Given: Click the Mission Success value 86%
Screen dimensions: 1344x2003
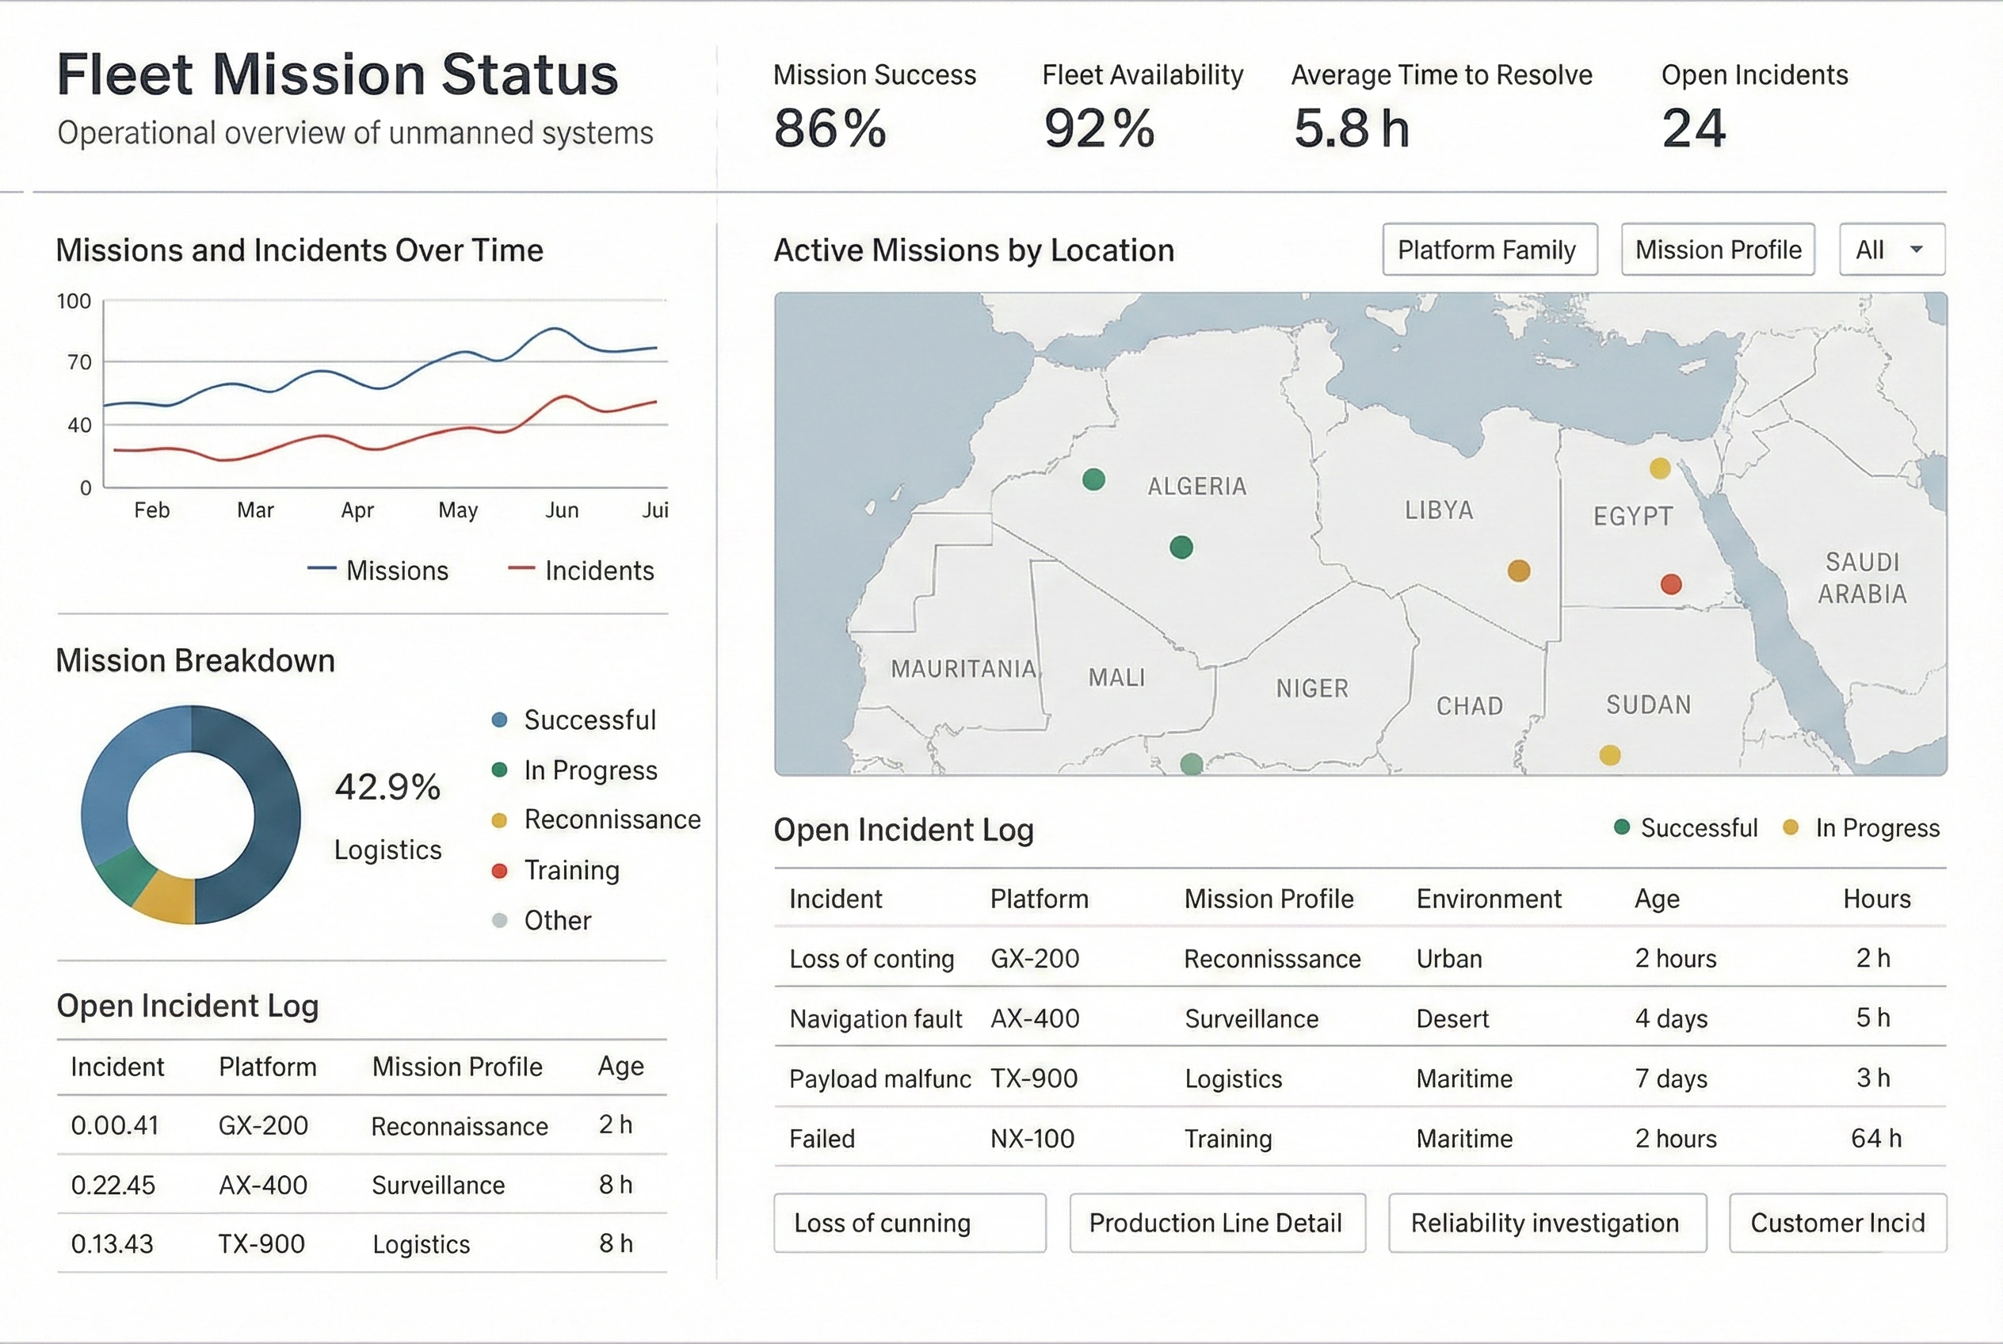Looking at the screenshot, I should click(x=829, y=128).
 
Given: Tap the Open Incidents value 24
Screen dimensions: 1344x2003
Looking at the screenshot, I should click(x=1692, y=128).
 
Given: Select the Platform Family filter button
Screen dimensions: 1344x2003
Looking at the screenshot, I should click(x=1489, y=250).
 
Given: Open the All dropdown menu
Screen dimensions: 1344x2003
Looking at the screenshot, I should click(x=1890, y=250).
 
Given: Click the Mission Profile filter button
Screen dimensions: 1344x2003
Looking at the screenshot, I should click(x=1717, y=250).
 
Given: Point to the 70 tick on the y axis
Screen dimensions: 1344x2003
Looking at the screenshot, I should click(x=79, y=363).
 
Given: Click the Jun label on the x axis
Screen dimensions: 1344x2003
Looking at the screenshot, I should click(x=562, y=510).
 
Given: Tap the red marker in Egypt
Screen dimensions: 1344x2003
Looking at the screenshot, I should click(x=1670, y=585).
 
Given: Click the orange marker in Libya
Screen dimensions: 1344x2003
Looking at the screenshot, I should click(x=1518, y=571).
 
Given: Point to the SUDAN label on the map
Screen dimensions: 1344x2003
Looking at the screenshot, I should click(x=1647, y=704).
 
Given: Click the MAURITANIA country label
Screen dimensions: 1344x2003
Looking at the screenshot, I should click(x=963, y=669).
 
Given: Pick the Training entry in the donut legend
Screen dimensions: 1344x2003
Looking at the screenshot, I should click(x=570, y=870).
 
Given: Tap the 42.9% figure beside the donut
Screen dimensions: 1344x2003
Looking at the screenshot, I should click(x=387, y=787).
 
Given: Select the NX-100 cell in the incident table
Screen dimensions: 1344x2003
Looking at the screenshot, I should click(x=1032, y=1138).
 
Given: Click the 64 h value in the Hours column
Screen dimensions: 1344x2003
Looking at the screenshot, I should click(x=1875, y=1138).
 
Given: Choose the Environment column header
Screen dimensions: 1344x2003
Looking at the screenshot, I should click(x=1488, y=899).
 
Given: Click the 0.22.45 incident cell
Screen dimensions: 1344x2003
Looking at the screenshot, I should click(x=113, y=1185).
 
